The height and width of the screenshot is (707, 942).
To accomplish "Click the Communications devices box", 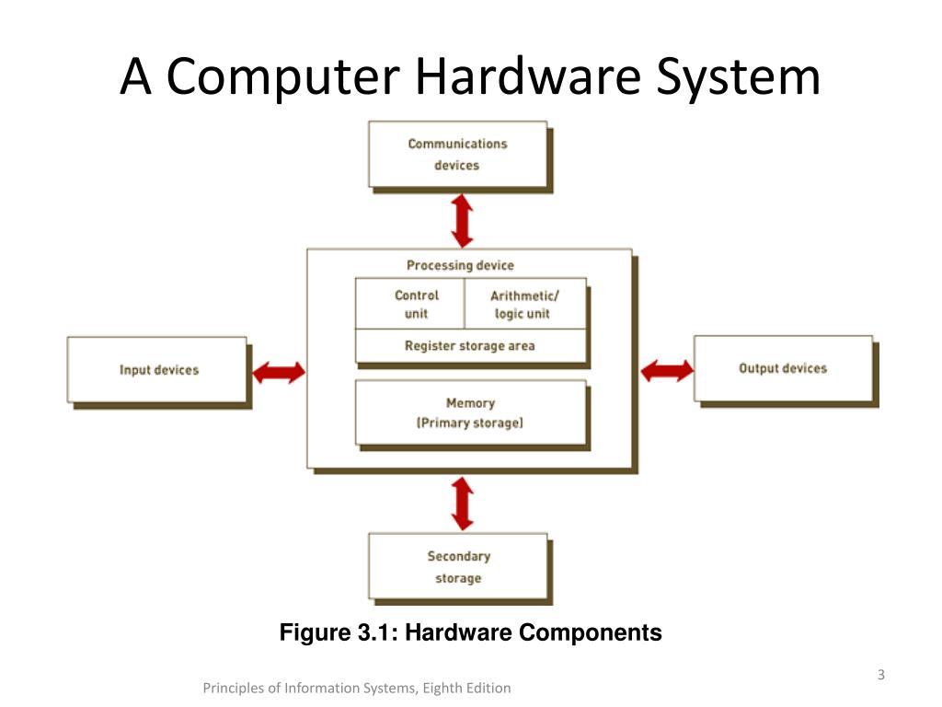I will coord(458,155).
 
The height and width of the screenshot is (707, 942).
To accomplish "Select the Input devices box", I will coord(157,370).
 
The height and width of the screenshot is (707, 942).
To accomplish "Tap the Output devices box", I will coord(783,368).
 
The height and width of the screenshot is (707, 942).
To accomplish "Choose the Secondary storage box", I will coord(458,567).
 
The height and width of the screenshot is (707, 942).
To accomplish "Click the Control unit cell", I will coord(410,304).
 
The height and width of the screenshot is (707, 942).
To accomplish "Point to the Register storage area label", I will coord(470,346).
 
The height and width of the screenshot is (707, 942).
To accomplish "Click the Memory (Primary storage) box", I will coord(470,413).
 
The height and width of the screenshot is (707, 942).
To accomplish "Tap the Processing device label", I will coord(460,265).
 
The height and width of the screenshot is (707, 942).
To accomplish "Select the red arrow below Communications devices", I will coord(462,219).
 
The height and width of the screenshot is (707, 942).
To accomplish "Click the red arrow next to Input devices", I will coord(279,372).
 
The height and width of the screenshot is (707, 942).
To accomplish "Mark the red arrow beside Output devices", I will coord(667,370).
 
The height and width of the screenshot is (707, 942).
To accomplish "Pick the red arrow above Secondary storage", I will coord(462,503).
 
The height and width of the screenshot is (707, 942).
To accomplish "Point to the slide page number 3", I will coord(880,676).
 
